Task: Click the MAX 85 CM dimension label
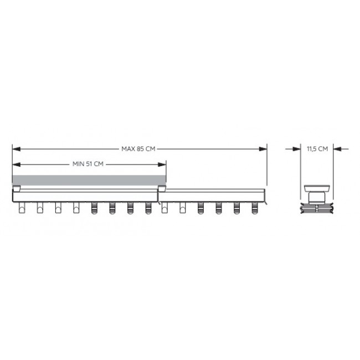138,149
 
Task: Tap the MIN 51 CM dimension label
88,164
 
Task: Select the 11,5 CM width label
317,149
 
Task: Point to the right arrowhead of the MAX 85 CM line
263,149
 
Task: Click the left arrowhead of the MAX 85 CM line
17,149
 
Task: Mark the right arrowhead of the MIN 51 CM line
162,164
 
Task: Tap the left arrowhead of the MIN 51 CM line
17,164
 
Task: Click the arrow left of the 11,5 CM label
293,149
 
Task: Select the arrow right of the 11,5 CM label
341,149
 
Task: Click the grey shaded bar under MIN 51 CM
89,180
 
